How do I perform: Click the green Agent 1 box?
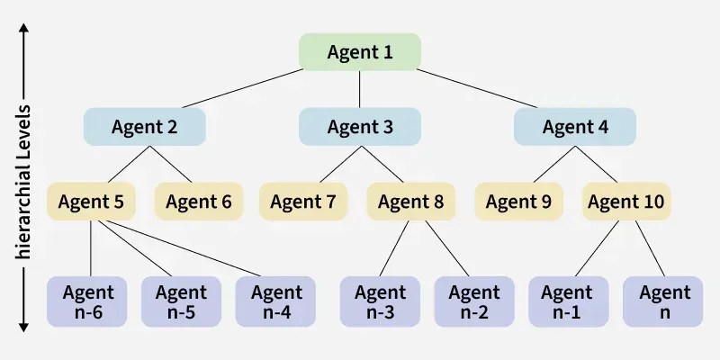(x=360, y=52)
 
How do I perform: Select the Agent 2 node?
(x=145, y=127)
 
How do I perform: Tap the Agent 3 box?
(x=360, y=127)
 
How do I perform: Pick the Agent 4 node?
(x=575, y=127)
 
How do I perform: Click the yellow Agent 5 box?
(x=91, y=202)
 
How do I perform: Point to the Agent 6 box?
(x=198, y=202)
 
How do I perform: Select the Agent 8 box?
(x=411, y=202)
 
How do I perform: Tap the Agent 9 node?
(x=518, y=202)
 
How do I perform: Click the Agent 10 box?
(x=626, y=202)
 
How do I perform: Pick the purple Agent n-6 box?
(x=88, y=301)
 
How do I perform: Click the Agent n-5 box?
(x=181, y=301)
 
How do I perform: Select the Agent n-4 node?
(x=276, y=301)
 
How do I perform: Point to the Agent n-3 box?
(x=380, y=301)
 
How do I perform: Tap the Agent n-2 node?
(x=474, y=301)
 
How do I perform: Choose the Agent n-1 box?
(x=568, y=301)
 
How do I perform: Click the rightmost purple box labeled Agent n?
(x=663, y=301)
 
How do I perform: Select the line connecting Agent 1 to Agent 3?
(x=360, y=90)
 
